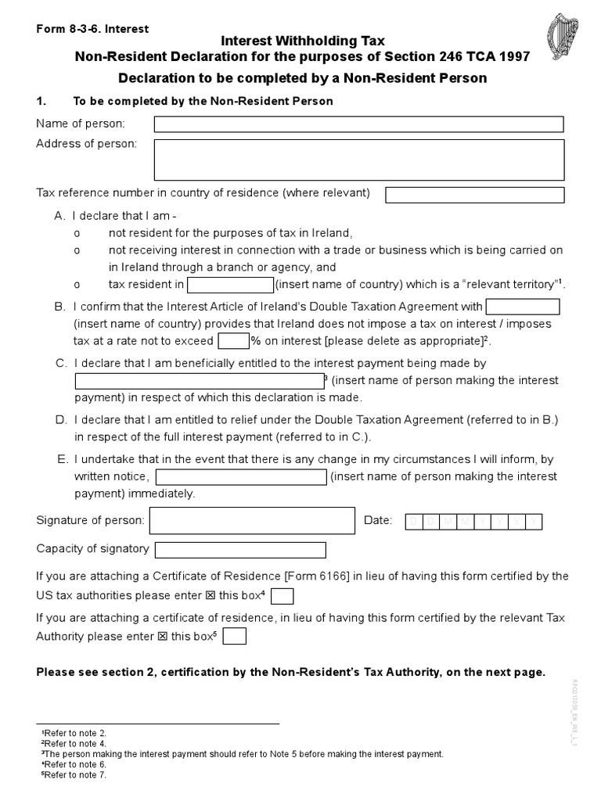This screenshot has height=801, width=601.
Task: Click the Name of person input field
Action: [x=358, y=124]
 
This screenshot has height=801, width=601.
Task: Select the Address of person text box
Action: [x=358, y=160]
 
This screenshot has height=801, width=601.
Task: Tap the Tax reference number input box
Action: [x=474, y=195]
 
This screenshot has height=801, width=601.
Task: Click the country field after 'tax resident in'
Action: [x=230, y=285]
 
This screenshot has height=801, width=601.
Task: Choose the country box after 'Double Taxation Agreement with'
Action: [x=522, y=307]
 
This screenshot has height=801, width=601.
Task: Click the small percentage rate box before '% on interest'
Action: [x=233, y=341]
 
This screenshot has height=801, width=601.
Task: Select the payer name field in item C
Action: [x=199, y=381]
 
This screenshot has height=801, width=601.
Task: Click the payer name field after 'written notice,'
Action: [x=241, y=477]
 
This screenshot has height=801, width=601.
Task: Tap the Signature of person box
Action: [x=252, y=520]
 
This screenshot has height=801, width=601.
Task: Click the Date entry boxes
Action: [x=473, y=522]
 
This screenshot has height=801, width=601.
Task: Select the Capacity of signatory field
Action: [x=240, y=549]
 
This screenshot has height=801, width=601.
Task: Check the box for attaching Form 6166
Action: [x=282, y=597]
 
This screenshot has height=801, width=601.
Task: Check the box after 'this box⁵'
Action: [x=234, y=637]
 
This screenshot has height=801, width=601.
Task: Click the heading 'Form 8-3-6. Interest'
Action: [x=92, y=29]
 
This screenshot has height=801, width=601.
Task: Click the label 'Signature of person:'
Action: [x=90, y=520]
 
